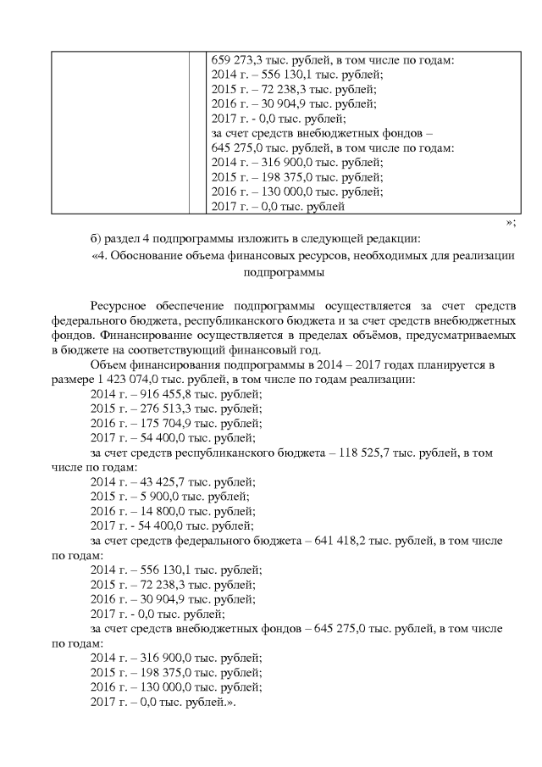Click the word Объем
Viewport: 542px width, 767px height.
coord(108,365)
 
